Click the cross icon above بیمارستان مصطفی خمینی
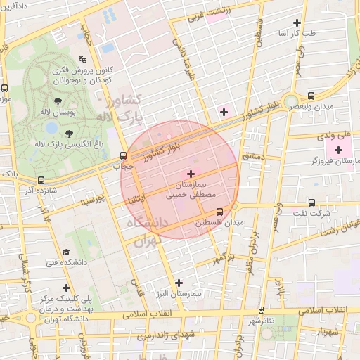click(191, 173)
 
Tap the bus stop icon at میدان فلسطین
click(219, 211)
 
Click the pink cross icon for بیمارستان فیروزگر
click(339, 149)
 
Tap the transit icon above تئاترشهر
click(262, 309)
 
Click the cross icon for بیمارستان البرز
click(179, 282)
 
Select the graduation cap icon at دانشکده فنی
click(66, 252)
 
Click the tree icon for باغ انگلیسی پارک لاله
click(69, 134)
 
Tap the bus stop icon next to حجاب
click(123, 156)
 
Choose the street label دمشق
click(252, 156)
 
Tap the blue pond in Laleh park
click(51, 128)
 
